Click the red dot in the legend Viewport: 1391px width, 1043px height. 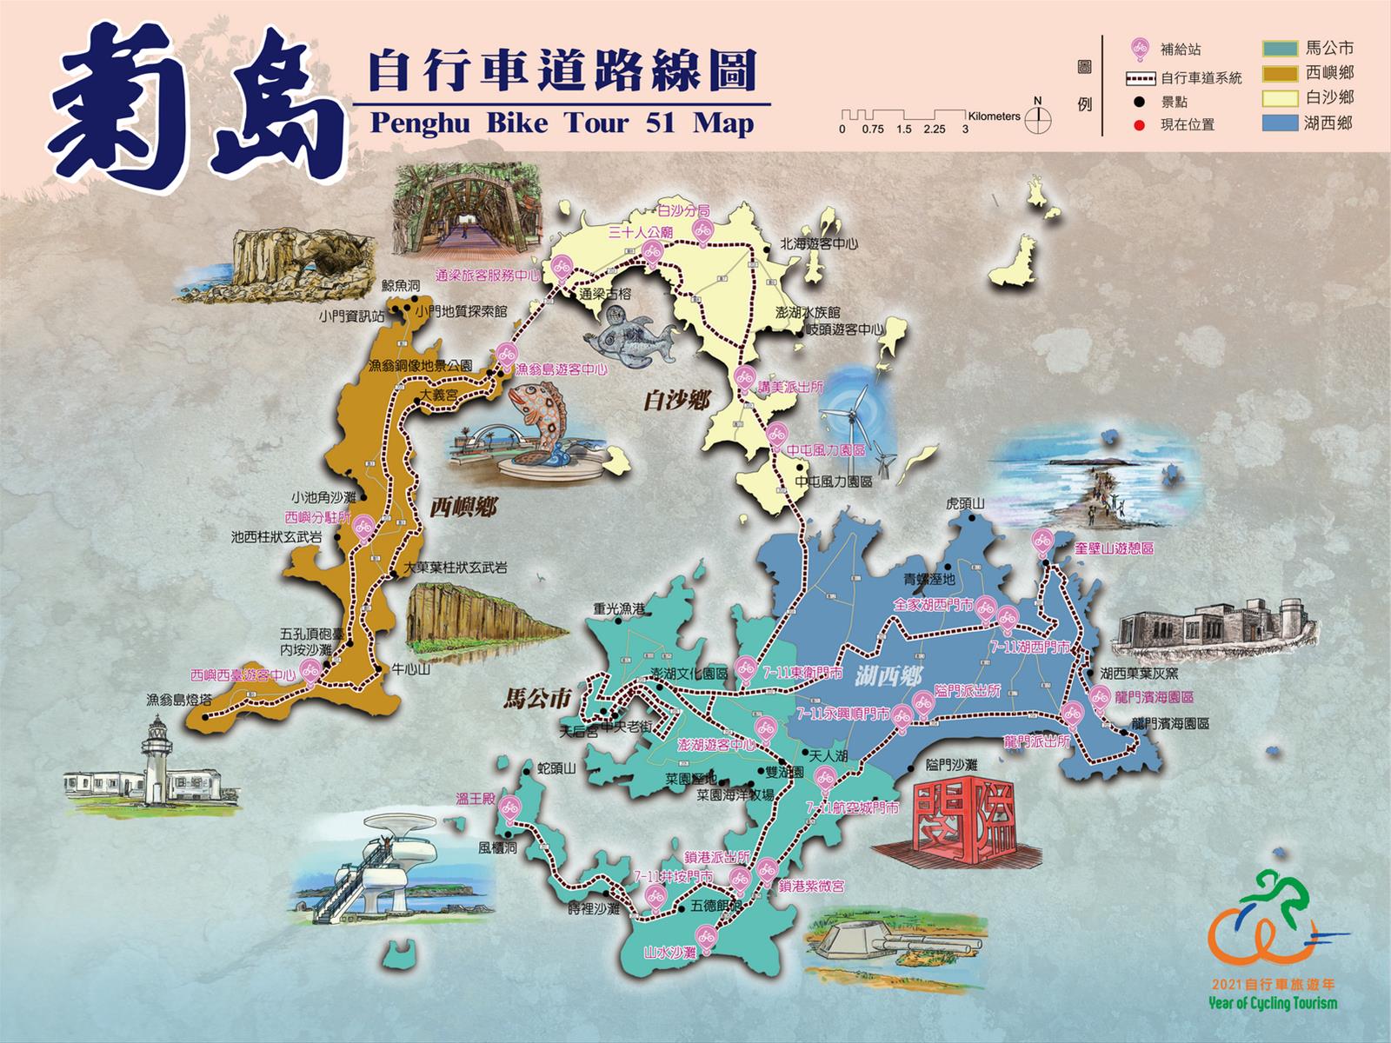tap(1139, 125)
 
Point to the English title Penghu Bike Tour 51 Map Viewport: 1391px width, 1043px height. tap(562, 123)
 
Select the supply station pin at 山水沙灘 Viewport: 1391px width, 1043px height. tap(706, 937)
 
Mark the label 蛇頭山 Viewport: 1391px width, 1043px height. tap(557, 768)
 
